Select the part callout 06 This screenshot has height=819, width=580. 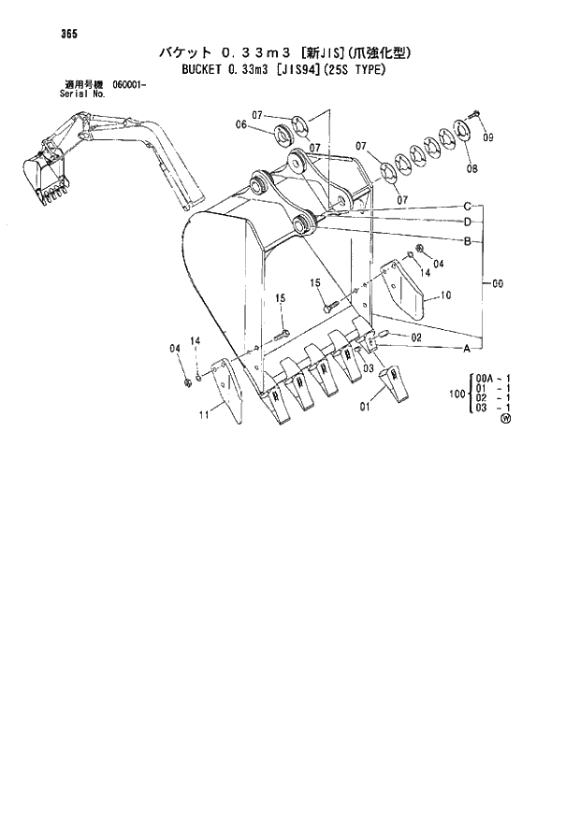[240, 125]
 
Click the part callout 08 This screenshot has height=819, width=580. [471, 169]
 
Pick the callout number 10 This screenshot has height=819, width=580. [446, 295]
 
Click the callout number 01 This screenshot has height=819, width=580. [366, 407]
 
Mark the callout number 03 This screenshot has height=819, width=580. [370, 369]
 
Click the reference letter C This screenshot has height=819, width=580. [466, 206]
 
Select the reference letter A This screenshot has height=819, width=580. [466, 348]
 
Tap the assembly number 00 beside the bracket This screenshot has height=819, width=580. [496, 280]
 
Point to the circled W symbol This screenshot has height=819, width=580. [506, 420]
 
